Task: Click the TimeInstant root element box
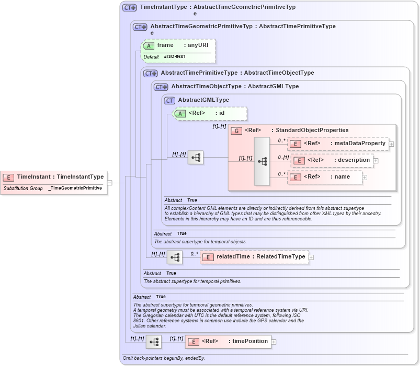[x=54, y=177]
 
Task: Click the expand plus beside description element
[x=376, y=161]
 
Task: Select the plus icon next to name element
[x=365, y=178]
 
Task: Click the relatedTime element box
[x=254, y=257]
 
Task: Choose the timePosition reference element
[x=228, y=341]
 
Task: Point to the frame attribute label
[x=165, y=45]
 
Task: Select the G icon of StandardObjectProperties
[x=236, y=131]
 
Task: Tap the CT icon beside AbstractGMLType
[x=169, y=100]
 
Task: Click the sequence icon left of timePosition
[x=153, y=342]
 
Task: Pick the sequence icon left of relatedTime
[x=175, y=257]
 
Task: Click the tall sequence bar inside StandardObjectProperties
[x=262, y=161]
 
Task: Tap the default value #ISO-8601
[x=175, y=56]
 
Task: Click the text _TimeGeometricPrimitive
[x=75, y=188]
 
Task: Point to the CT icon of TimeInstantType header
[x=129, y=8]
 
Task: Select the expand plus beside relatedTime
[x=311, y=257]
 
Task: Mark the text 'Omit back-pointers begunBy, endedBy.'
[x=164, y=358]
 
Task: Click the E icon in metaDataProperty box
[x=296, y=144]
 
